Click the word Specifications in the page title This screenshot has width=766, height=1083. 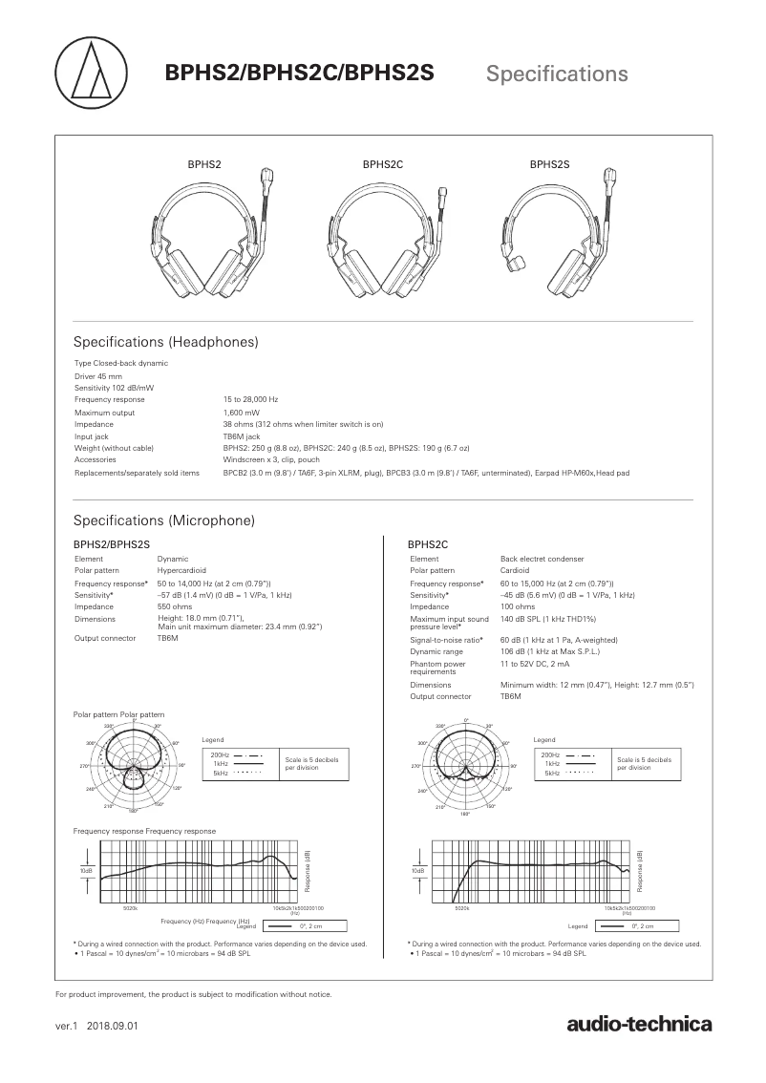pos(557,74)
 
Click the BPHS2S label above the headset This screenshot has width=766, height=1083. pos(549,164)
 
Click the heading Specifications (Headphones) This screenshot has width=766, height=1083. pos(166,342)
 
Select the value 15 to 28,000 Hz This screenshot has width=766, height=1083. pos(250,399)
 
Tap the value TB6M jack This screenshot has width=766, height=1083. pos(241,435)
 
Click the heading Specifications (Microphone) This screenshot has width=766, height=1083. pos(164,520)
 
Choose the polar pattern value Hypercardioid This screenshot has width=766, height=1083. pos(179,570)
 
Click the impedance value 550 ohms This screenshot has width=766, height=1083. pos(175,606)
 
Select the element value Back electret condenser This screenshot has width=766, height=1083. pos(542,559)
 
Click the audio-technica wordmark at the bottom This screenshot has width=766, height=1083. pos(639,1026)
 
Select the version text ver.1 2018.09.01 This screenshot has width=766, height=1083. pos(97,1027)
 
